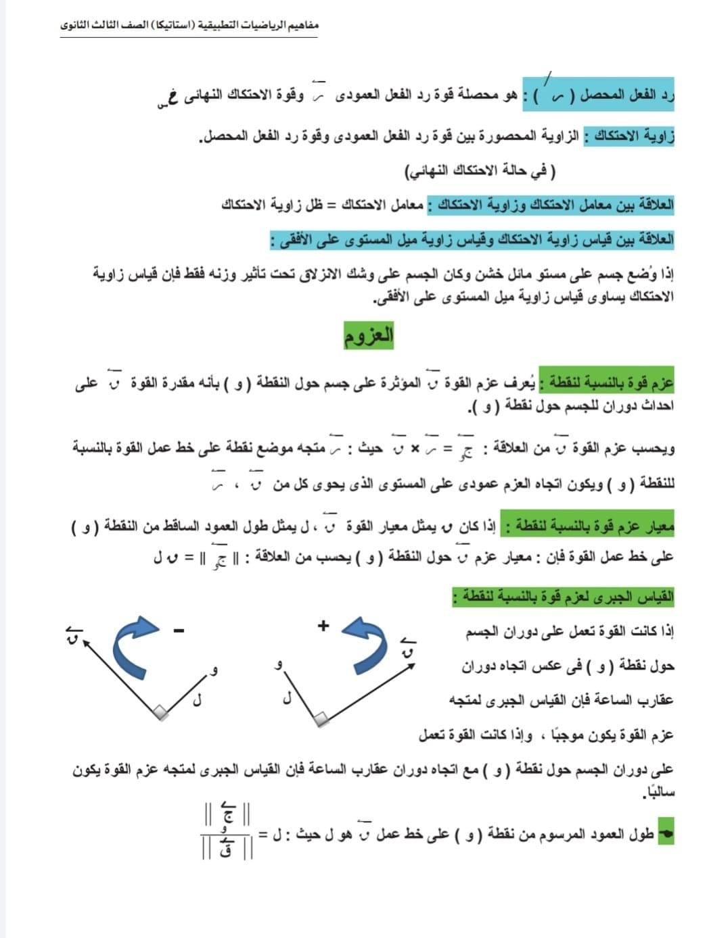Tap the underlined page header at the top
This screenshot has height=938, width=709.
click(x=189, y=26)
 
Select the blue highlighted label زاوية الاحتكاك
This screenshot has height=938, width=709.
click(x=631, y=135)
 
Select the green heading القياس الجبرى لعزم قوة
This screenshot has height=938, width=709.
click(x=564, y=597)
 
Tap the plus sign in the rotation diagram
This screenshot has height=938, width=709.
click(x=324, y=625)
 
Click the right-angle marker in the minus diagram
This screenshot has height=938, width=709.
click(x=160, y=711)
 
